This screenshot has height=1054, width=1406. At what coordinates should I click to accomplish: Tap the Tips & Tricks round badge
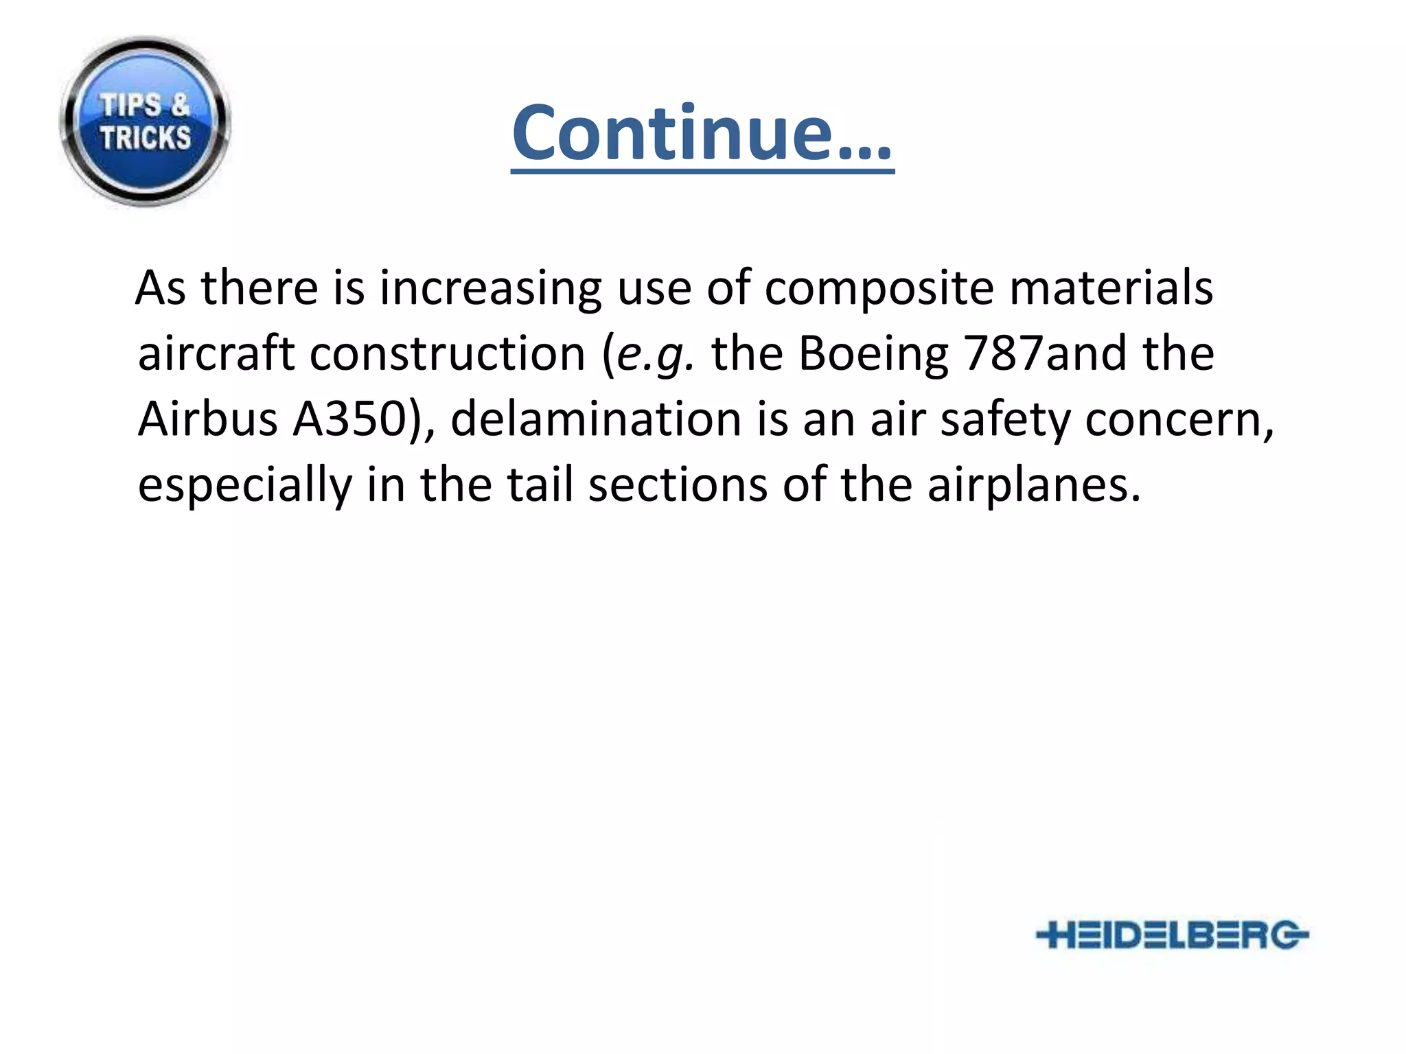click(145, 122)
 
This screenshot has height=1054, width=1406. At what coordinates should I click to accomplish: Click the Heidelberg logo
click(1172, 935)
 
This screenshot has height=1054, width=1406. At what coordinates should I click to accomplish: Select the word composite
click(879, 288)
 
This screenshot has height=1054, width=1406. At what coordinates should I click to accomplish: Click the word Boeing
click(873, 355)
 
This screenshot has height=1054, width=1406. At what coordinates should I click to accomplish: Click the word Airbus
click(207, 419)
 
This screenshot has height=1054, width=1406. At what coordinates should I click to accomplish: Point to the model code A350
click(350, 419)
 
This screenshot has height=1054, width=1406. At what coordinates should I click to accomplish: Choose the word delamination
click(596, 419)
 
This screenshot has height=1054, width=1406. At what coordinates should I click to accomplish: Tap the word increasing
click(490, 288)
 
